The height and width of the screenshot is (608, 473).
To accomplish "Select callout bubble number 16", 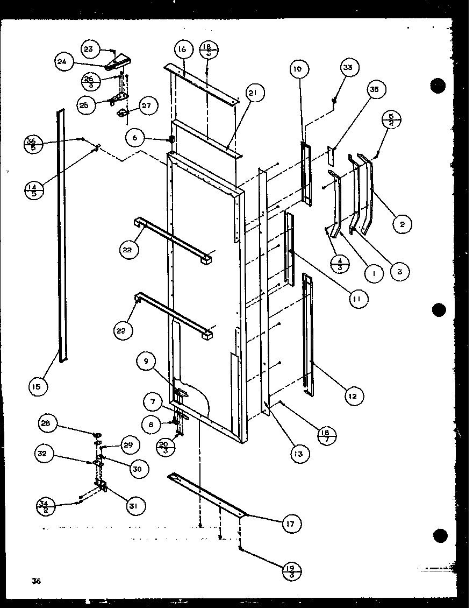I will click(181, 50).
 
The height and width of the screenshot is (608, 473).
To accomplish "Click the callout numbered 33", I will click(348, 67).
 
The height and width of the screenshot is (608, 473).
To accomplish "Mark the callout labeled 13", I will click(298, 454).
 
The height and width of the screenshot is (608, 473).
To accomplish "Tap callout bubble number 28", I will click(46, 423).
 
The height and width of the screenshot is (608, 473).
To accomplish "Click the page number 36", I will click(37, 581).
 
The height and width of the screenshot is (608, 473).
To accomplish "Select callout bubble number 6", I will click(134, 138).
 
